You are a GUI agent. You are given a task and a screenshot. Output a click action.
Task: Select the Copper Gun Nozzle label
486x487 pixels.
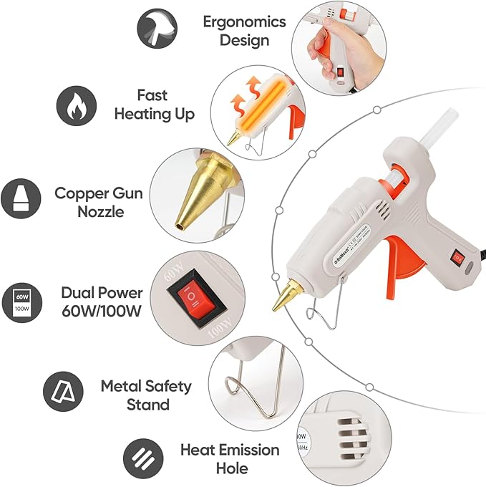tap(99, 202)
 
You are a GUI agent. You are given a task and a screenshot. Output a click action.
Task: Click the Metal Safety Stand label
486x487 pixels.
tap(146, 395)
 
